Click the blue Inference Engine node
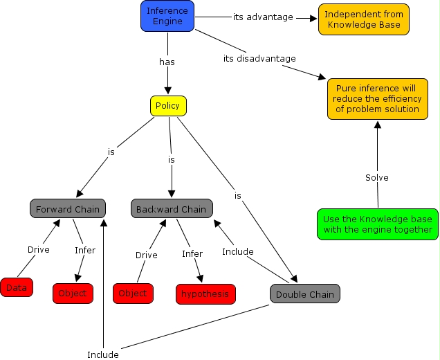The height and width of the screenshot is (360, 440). coord(167,15)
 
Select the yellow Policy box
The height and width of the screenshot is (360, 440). coord(168,106)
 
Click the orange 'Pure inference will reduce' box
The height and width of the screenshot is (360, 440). coord(378,99)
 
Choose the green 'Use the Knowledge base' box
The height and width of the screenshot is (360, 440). coord(378,224)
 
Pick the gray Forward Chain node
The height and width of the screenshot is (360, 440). coord(68,209)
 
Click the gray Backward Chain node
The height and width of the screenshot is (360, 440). coord(171,209)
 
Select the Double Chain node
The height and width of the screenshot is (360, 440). coord(305,294)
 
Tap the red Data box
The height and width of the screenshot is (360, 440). coord(17,287)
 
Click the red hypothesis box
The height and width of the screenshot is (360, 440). coord(205,294)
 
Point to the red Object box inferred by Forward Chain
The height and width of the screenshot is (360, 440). coord(73,294)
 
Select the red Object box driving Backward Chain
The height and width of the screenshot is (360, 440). coord(132,294)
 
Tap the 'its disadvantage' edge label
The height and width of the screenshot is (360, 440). coord(259,58)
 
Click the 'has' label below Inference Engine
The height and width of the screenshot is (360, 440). coord(167,62)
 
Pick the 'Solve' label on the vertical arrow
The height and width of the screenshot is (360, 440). coord(377,178)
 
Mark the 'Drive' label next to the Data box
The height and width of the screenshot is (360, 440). coord(39,250)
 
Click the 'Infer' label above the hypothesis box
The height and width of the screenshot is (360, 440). coord(192,254)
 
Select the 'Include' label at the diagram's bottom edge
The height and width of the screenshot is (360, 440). coord(103,354)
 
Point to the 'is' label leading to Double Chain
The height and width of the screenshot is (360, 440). coord(237,196)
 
